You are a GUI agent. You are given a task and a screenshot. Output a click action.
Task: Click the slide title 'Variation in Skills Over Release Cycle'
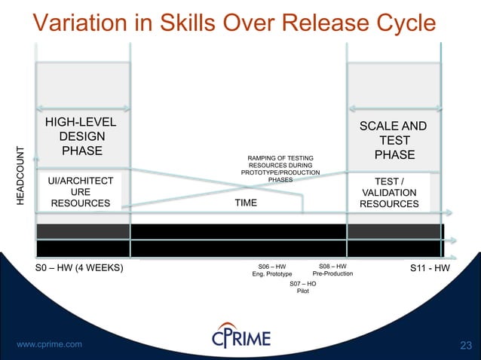234,22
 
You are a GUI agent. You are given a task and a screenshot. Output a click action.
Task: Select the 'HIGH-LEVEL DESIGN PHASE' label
82,136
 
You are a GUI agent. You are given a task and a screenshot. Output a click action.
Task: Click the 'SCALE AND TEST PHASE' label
393,141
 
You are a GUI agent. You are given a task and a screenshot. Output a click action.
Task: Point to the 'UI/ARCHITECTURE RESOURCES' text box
81,191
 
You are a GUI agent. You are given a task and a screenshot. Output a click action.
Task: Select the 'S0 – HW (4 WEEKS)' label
80,268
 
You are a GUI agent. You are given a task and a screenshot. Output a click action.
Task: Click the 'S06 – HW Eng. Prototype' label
272,270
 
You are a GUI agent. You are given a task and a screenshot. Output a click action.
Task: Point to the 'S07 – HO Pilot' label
303,287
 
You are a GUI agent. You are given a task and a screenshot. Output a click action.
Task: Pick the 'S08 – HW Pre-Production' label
332,270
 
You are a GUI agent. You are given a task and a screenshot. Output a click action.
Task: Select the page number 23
465,346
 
